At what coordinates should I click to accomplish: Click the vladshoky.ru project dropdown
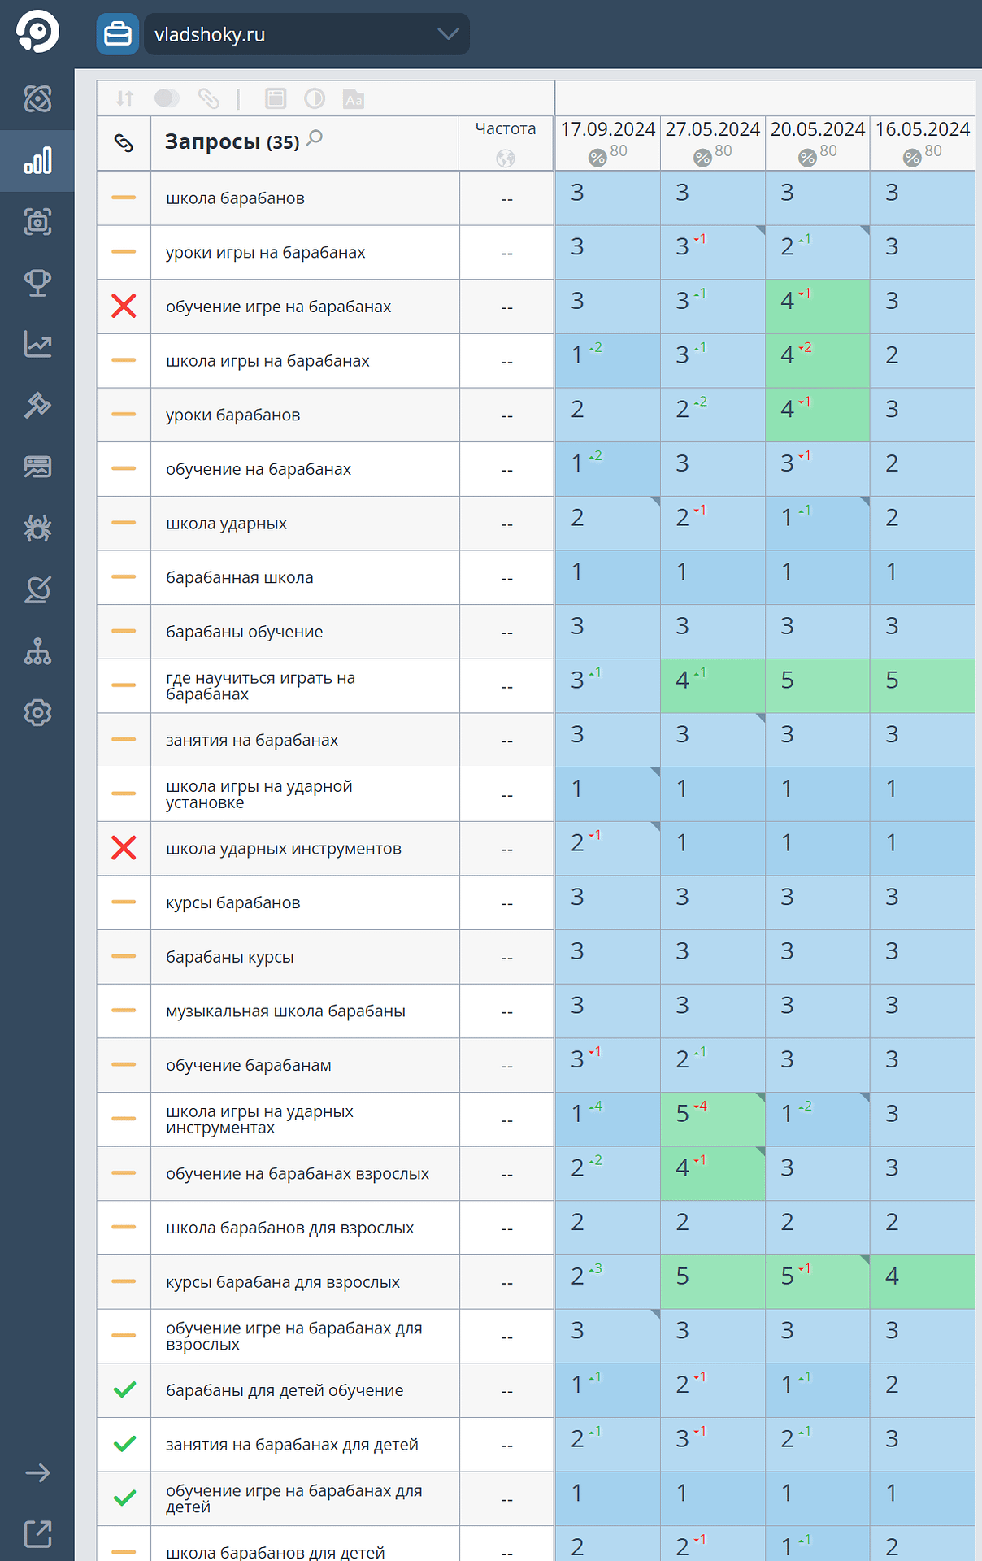click(306, 34)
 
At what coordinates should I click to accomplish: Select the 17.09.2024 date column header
click(607, 129)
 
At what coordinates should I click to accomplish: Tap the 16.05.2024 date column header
click(922, 129)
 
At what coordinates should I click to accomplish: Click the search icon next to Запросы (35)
click(315, 138)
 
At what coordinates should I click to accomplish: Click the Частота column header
click(505, 129)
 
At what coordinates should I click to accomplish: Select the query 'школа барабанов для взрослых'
click(289, 1228)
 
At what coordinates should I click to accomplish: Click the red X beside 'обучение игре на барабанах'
click(124, 307)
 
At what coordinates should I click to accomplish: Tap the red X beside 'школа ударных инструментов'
click(124, 848)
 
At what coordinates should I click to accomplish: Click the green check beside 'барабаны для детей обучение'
click(124, 1390)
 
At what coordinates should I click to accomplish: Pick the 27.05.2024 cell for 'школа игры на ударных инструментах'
click(712, 1119)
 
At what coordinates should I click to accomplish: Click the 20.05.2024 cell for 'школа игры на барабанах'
click(817, 360)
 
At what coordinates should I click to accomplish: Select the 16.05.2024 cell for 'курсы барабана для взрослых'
click(922, 1281)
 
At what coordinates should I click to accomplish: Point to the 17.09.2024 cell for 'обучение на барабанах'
click(607, 469)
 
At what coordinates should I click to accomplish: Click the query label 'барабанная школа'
click(239, 577)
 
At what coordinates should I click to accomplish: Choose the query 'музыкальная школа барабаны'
click(285, 1011)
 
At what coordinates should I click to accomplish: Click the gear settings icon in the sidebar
click(37, 713)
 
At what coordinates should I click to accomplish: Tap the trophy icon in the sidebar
click(37, 283)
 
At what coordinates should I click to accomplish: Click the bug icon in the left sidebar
click(37, 528)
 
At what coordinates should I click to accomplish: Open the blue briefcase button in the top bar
click(118, 34)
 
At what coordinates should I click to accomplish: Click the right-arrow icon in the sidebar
click(37, 1472)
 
